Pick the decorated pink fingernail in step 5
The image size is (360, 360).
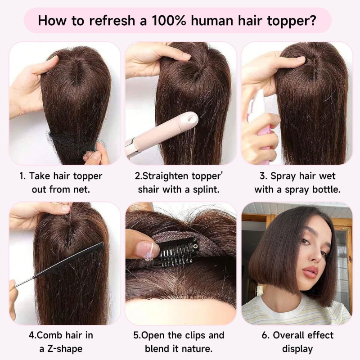coord(147,248)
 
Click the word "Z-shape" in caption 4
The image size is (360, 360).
coord(65,349)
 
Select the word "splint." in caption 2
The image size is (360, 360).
coord(206,189)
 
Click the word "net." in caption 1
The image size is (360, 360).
coord(82,190)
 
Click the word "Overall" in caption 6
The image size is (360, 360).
coord(287,335)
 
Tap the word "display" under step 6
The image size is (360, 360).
coord(297,349)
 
